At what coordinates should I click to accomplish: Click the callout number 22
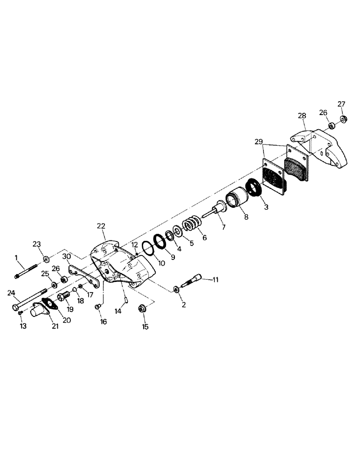pos(101,226)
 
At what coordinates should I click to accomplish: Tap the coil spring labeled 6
pos(190,225)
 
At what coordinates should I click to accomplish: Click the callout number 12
pos(134,245)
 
